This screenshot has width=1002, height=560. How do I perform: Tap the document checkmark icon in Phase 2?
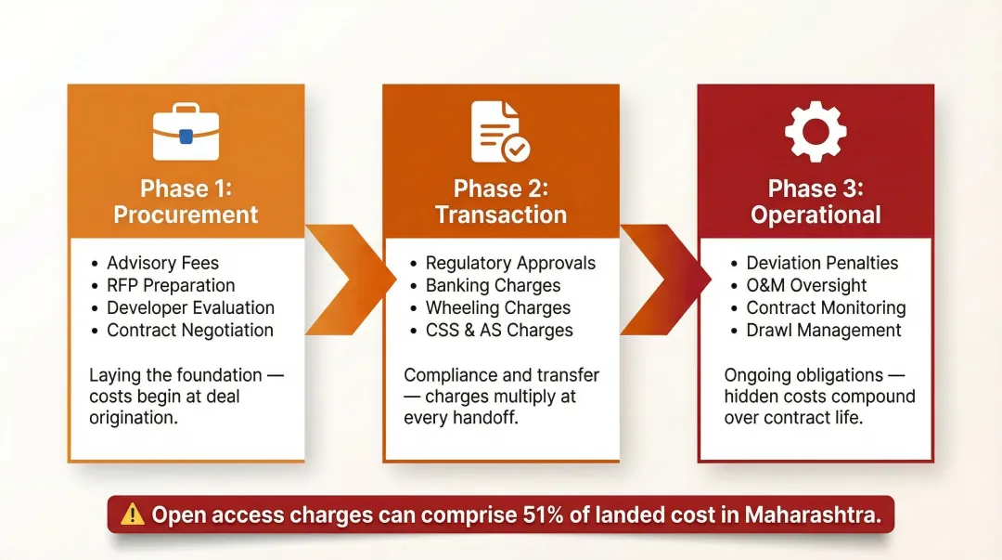click(x=500, y=133)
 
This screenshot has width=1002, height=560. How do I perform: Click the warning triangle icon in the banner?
click(x=133, y=514)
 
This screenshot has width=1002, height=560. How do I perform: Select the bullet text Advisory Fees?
click(x=162, y=263)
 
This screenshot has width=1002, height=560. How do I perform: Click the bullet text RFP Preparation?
click(x=171, y=285)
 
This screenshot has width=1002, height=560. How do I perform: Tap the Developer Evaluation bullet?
click(x=190, y=307)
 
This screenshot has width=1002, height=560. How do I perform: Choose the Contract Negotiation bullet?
click(x=190, y=330)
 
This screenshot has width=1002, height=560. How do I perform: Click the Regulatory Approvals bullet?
click(x=510, y=263)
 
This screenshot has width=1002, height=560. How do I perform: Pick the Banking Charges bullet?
click(x=493, y=285)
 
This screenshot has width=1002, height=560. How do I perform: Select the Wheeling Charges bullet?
click(x=498, y=307)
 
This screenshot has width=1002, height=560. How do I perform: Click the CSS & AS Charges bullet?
click(x=499, y=330)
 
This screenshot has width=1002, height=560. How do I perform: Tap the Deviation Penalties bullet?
click(x=822, y=263)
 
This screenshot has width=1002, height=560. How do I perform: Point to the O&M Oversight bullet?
click(x=806, y=285)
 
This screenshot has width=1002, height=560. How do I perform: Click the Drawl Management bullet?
click(x=824, y=330)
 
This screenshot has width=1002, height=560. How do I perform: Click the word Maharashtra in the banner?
click(x=813, y=514)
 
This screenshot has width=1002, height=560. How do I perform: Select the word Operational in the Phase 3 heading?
click(x=816, y=215)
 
